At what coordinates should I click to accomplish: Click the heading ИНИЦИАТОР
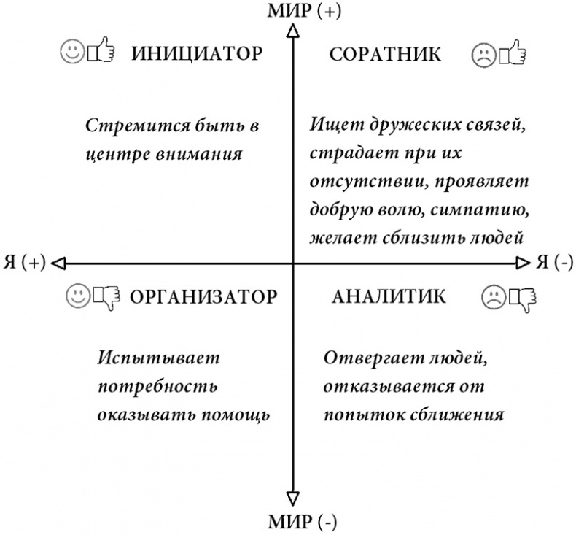pos(196,54)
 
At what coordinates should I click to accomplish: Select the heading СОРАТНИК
pos(385,54)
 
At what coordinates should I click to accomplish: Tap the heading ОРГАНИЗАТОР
pos(203,297)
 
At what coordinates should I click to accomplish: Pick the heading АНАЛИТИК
pos(388,296)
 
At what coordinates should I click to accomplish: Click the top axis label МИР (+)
pos(295,11)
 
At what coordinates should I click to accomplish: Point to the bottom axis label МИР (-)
pos(295,523)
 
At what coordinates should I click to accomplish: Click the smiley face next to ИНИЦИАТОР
pos(71,54)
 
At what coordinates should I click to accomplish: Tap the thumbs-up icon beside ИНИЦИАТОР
pos(101,53)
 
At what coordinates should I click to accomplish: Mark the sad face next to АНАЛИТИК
pos(492,296)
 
